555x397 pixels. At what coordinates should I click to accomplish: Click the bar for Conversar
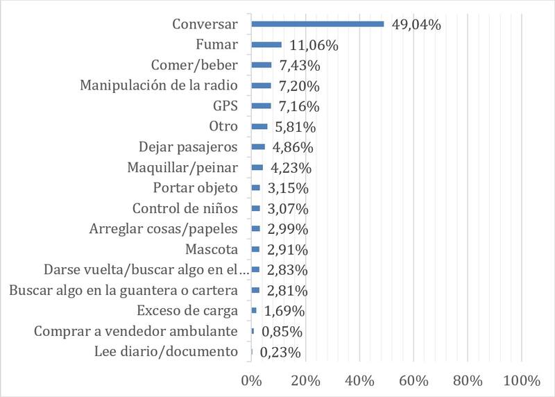tap(317, 24)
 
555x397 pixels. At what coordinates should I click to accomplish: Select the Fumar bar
tap(266, 44)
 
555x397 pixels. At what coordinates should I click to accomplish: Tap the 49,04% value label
tap(417, 25)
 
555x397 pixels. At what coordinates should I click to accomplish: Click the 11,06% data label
tap(313, 46)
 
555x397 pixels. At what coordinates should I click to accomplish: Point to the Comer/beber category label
tap(194, 66)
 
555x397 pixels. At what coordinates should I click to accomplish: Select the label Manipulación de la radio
tap(159, 86)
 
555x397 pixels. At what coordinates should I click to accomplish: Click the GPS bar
tap(261, 105)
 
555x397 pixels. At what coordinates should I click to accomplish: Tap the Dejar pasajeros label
tap(189, 147)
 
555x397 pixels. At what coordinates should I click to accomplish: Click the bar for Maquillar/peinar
tap(257, 167)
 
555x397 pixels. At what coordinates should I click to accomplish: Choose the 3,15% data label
tap(285, 188)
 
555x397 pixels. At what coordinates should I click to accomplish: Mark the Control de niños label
tap(185, 208)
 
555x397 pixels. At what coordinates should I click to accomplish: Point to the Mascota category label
tap(212, 249)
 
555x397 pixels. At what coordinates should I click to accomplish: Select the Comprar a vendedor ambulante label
tap(136, 331)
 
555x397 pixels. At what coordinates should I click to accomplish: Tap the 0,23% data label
tap(280, 352)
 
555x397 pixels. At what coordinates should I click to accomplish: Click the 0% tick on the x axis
tap(250, 380)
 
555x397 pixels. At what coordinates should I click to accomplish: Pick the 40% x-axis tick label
tap(359, 380)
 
